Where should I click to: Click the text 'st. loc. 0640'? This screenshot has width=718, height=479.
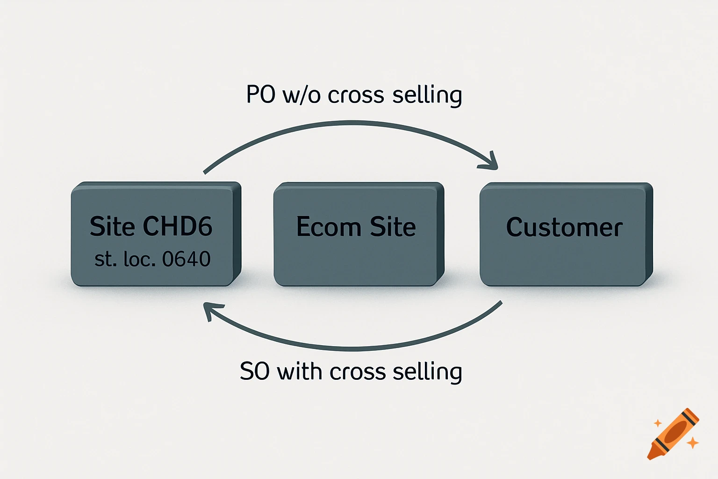tap(152, 259)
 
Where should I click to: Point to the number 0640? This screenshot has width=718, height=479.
tap(186, 259)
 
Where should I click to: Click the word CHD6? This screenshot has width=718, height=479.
tap(177, 226)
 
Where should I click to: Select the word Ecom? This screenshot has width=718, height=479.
tap(328, 227)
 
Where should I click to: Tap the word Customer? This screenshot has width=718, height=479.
tap(564, 228)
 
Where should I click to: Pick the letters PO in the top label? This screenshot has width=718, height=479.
tap(260, 95)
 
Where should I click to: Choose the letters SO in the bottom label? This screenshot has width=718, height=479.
tap(254, 372)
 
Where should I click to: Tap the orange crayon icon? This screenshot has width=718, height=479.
tap(673, 434)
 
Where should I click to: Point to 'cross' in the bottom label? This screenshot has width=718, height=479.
tap(358, 372)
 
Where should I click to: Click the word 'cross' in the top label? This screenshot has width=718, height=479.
tap(356, 95)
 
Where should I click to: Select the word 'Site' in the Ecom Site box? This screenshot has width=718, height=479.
tap(393, 227)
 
